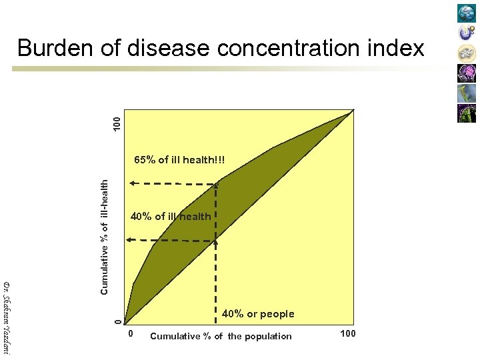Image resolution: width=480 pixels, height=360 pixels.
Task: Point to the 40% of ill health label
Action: click(171, 216)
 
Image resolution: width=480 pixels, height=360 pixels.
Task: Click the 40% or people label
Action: click(257, 313)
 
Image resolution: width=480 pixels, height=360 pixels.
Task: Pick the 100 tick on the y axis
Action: click(117, 123)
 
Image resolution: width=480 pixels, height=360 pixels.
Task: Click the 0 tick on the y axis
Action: click(117, 322)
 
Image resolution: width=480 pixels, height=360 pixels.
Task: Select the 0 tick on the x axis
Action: click(131, 333)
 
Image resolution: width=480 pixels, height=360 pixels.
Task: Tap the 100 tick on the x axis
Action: click(348, 333)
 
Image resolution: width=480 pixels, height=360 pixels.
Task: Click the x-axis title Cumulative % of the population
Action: click(221, 336)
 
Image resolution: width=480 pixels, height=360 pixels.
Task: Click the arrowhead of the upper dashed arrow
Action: click(131, 182)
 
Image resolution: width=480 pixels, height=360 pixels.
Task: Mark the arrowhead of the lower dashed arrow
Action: click(131, 239)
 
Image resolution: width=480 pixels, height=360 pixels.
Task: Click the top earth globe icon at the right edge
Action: click(467, 13)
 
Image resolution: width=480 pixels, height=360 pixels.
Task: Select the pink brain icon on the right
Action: click(467, 73)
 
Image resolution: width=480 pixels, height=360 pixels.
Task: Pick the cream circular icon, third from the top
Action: click(467, 53)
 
